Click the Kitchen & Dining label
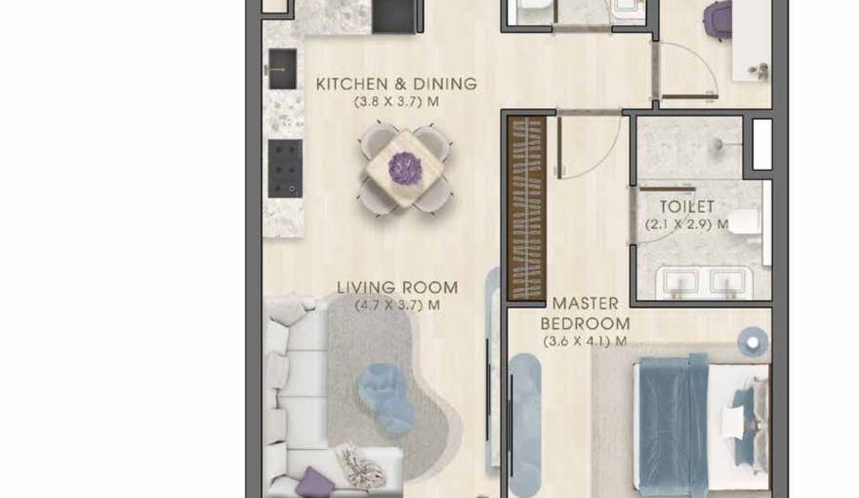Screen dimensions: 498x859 (x=396, y=84)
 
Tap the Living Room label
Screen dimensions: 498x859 (x=397, y=287)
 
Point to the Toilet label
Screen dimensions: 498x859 (x=686, y=207)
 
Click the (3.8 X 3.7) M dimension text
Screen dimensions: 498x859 (x=396, y=102)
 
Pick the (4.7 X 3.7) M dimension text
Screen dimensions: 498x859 (x=396, y=305)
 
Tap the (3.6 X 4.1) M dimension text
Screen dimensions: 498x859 (x=585, y=342)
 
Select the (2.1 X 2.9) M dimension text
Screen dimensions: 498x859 (x=686, y=224)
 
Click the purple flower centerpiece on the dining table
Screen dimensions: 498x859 (x=404, y=168)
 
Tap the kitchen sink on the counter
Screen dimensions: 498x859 (x=282, y=69)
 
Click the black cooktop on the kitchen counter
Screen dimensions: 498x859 (x=284, y=167)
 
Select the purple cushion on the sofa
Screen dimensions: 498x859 (x=313, y=480)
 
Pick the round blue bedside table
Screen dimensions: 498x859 (x=753, y=340)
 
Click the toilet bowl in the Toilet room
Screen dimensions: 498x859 (x=745, y=223)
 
